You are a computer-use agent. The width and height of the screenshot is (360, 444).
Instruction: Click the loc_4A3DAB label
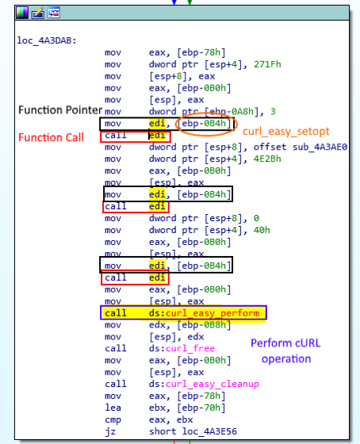47,40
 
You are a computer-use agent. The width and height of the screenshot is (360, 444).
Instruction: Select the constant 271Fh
267,64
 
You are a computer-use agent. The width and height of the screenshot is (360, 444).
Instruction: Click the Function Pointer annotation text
60,110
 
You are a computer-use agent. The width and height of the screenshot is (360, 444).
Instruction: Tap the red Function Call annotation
51,137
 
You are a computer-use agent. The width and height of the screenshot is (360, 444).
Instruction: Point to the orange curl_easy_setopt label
286,132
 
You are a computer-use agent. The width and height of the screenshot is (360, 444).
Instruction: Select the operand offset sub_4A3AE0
301,147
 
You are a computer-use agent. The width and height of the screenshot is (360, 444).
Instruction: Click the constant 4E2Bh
267,159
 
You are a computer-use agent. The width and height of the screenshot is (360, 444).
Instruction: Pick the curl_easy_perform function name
213,313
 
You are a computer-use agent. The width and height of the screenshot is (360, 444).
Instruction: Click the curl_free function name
190,348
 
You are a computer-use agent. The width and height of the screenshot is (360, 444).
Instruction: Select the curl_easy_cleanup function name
213,384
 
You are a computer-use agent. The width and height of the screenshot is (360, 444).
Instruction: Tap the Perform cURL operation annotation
285,350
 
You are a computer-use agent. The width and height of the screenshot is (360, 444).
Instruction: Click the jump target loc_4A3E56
209,431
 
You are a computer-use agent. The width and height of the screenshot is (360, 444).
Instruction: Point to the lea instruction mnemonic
113,408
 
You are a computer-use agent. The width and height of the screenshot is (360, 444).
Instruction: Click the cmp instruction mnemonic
113,420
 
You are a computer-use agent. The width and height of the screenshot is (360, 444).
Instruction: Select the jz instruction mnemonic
110,431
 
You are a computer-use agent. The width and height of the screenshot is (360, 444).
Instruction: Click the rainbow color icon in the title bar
22,13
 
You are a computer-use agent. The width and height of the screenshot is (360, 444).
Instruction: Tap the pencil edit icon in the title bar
38,13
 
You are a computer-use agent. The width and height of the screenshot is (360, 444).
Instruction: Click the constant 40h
262,230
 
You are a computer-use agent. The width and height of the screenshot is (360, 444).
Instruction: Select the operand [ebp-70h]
201,408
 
